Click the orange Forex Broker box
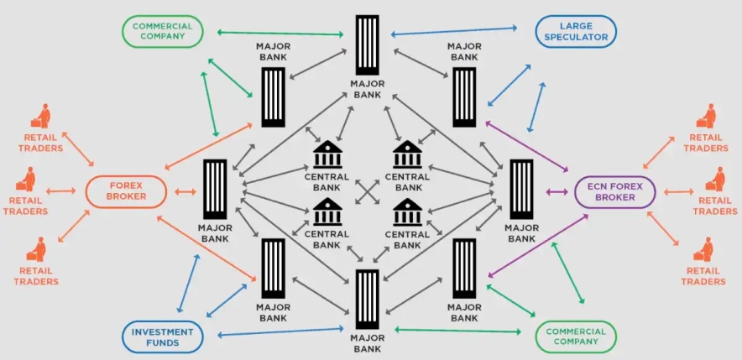tap(127, 191)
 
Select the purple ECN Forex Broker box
tap(614, 191)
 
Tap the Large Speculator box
tap(576, 31)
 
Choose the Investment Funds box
tap(162, 337)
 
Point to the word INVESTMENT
tap(162, 331)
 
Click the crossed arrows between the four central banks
tap(367, 191)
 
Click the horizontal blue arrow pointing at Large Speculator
tap(454, 31)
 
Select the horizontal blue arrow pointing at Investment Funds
tap(280, 334)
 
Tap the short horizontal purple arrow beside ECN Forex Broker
tap(555, 191)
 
